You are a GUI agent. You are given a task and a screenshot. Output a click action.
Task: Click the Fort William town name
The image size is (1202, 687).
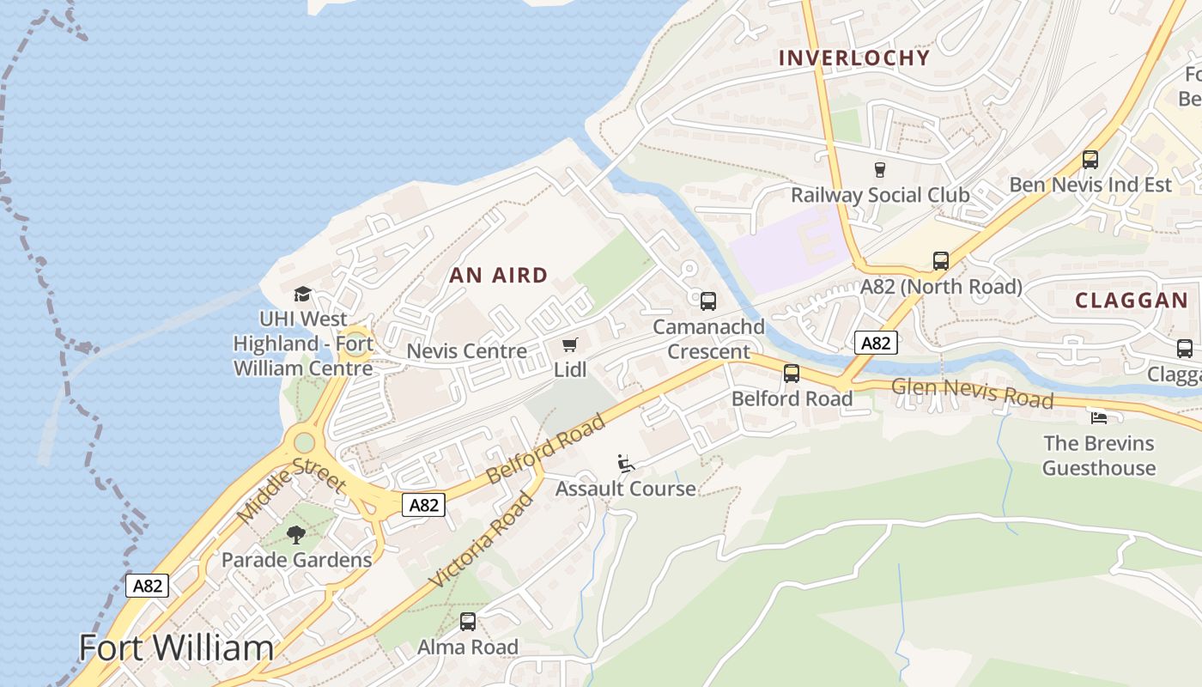click(x=176, y=647)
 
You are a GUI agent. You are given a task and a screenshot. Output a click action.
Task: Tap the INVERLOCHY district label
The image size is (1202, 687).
click(x=853, y=58)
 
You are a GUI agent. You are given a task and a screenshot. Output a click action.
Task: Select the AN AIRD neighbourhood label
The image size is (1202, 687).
click(x=499, y=276)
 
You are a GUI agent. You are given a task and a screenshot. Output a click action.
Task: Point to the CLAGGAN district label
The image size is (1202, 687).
click(x=1132, y=301)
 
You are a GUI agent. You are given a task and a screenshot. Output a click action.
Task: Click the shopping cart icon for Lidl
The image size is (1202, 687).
click(x=569, y=345)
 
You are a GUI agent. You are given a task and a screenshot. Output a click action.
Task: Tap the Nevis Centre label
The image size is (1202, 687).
click(x=466, y=351)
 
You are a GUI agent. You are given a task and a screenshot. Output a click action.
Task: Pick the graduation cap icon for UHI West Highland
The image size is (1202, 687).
click(x=302, y=295)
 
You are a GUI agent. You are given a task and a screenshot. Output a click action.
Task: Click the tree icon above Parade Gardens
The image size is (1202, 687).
click(x=296, y=535)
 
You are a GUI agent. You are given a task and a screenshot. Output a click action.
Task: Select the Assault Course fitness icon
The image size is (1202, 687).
click(x=626, y=464)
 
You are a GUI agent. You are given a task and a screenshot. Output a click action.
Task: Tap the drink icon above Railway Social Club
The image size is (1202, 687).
click(x=879, y=169)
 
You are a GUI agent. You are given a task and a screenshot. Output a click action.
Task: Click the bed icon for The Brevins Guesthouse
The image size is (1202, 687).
click(x=1098, y=417)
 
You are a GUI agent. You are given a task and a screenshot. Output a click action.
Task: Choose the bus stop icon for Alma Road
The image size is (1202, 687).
click(x=468, y=622)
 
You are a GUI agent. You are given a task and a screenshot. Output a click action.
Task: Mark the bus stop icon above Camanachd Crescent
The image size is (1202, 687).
click(x=708, y=301)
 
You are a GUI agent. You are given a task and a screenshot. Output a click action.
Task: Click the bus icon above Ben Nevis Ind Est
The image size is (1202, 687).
click(x=1090, y=160)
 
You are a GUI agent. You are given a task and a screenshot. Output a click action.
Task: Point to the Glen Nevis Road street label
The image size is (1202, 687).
click(x=972, y=393)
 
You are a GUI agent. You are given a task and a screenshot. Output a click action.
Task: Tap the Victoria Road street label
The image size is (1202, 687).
click(x=482, y=539)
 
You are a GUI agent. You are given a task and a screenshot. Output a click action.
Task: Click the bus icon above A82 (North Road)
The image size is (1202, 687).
click(x=941, y=261)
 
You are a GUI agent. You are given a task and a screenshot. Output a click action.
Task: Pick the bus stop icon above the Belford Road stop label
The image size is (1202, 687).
click(x=792, y=374)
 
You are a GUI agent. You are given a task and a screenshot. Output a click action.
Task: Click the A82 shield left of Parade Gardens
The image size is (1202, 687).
click(x=148, y=586)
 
